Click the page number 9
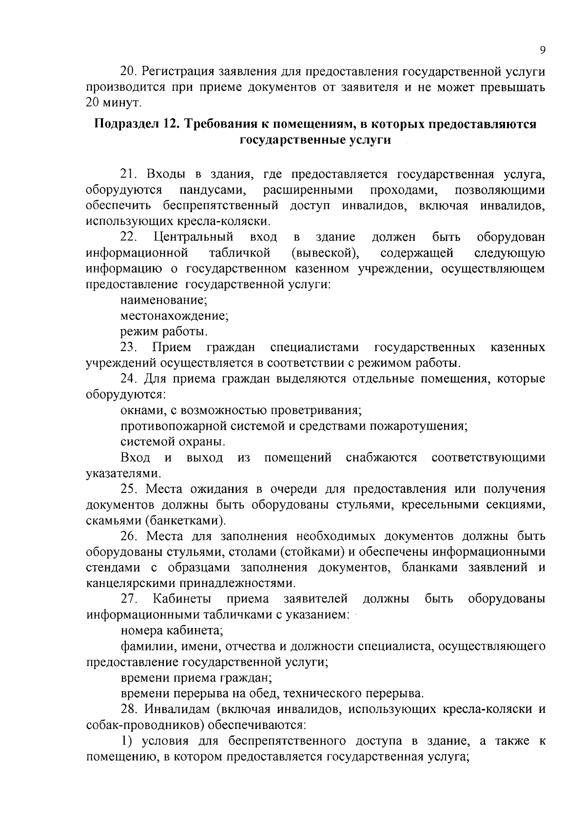coord(542,51)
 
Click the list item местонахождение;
coord(175,315)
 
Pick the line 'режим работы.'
coord(164,332)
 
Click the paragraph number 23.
coord(129,348)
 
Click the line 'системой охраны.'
coord(173,442)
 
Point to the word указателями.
coord(123,473)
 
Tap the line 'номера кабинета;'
coord(172,630)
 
